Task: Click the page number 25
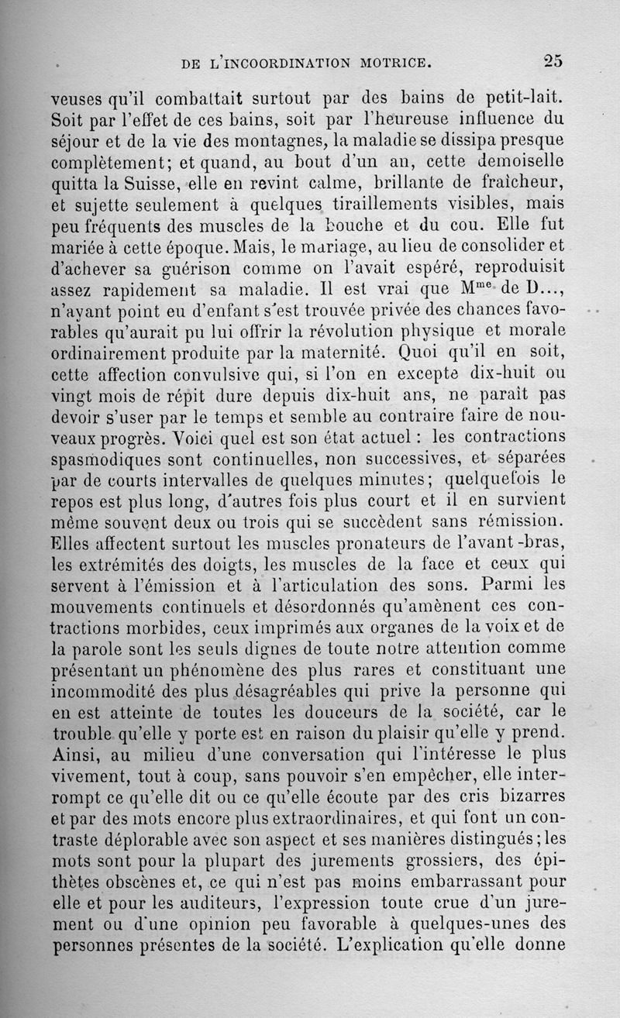click(553, 60)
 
